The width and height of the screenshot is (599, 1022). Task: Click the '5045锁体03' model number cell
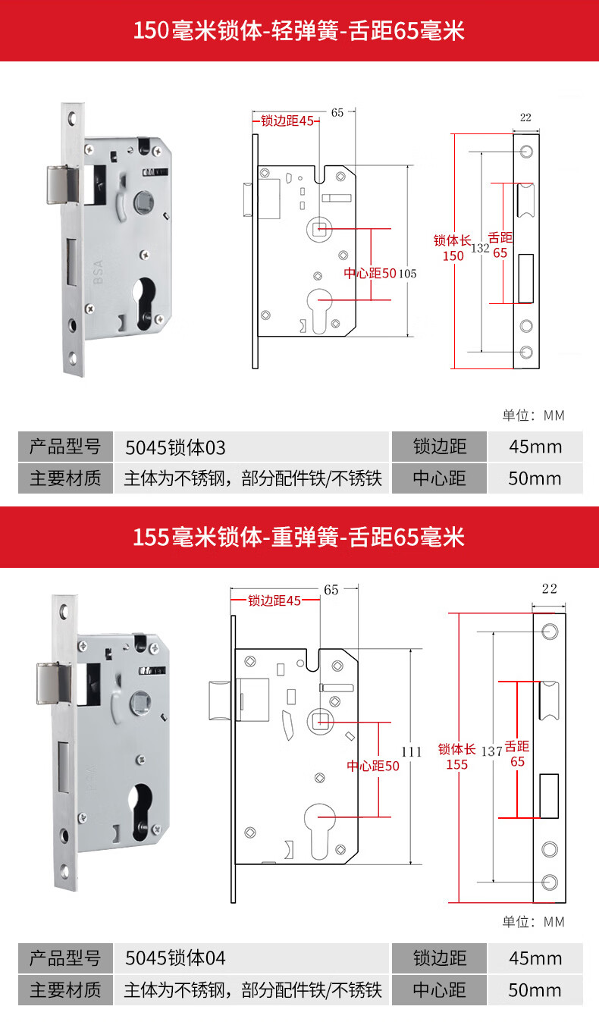(175, 447)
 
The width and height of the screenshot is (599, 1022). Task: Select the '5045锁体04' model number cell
(175, 958)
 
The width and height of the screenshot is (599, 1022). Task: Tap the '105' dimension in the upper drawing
(408, 273)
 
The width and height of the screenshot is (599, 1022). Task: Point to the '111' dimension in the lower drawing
(411, 751)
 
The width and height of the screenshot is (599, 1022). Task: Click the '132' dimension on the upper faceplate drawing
(481, 247)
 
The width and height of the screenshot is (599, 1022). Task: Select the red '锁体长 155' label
(456, 757)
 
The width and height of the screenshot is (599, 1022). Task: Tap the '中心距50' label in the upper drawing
(370, 273)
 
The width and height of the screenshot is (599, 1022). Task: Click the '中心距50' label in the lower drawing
(373, 766)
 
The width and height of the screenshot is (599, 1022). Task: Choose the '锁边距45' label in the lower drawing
(274, 600)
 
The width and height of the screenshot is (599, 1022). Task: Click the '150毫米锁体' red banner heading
(299, 31)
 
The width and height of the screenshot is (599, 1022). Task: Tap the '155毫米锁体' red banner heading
(299, 538)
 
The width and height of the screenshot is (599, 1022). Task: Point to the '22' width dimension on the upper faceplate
(525, 117)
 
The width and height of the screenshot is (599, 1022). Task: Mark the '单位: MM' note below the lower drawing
(533, 922)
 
